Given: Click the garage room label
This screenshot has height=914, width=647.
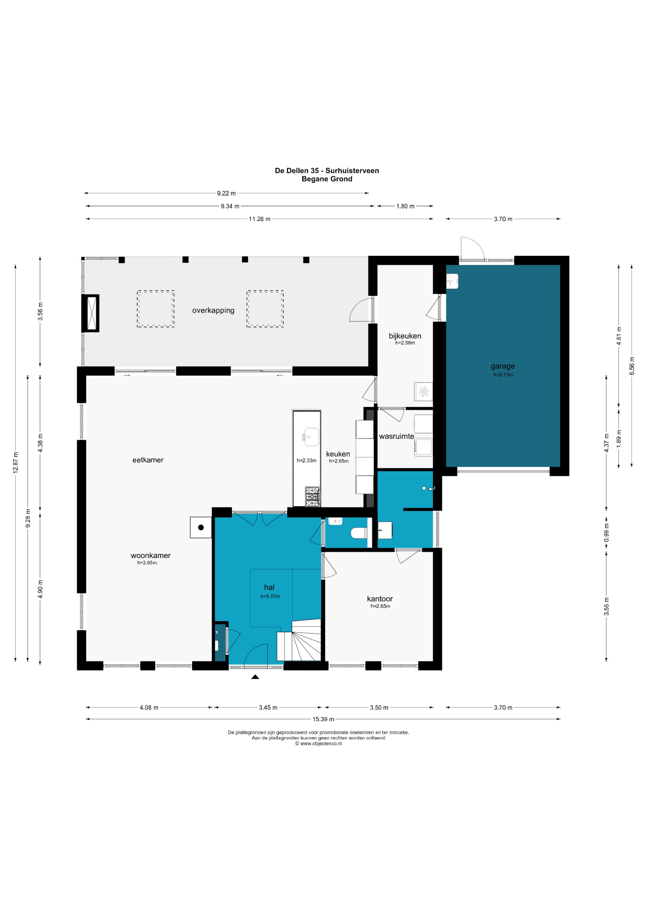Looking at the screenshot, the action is click(503, 366).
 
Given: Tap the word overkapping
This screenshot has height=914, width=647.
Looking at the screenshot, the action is click(213, 310).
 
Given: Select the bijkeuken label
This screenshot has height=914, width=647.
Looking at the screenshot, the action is click(405, 336).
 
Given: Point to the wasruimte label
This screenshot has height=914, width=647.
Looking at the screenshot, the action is click(396, 436).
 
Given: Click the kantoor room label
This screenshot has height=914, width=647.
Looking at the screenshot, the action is click(380, 599).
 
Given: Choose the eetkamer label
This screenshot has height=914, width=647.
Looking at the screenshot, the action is click(148, 460).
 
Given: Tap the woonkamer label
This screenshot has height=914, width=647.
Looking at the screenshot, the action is click(151, 556).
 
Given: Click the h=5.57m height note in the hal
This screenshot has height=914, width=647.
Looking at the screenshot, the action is click(270, 596).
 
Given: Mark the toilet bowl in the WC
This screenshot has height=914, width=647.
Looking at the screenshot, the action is click(359, 533).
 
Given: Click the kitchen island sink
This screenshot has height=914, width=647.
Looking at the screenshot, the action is click(311, 437).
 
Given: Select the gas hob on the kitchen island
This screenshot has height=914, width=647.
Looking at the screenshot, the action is click(313, 497).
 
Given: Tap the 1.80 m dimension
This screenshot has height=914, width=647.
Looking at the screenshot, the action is click(405, 206).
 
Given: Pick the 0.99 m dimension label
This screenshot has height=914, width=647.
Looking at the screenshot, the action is click(606, 533).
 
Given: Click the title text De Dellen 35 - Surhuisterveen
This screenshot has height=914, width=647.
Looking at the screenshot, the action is click(327, 171).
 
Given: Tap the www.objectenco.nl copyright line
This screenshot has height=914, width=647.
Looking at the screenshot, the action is click(318, 744).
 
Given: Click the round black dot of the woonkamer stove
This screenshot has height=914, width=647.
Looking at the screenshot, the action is click(201, 528).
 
